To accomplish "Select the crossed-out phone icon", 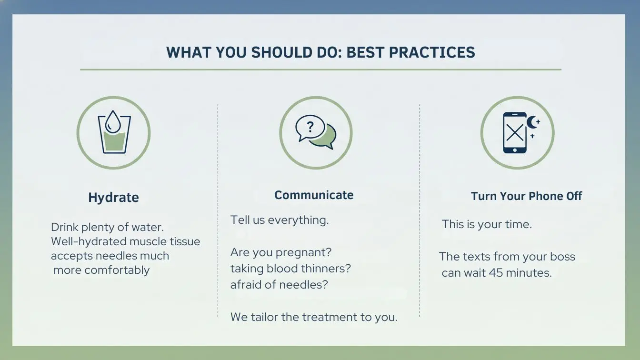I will pyautogui.click(x=515, y=133).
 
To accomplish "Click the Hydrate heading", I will pyautogui.click(x=113, y=197).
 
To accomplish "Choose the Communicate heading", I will pyautogui.click(x=314, y=195).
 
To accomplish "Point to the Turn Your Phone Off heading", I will pyautogui.click(x=526, y=196).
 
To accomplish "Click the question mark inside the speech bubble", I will pyautogui.click(x=310, y=127).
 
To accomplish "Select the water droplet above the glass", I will pyautogui.click(x=113, y=121).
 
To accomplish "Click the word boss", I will pyautogui.click(x=562, y=257).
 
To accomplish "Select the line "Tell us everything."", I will pyautogui.click(x=280, y=220).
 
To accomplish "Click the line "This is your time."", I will pyautogui.click(x=487, y=224).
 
